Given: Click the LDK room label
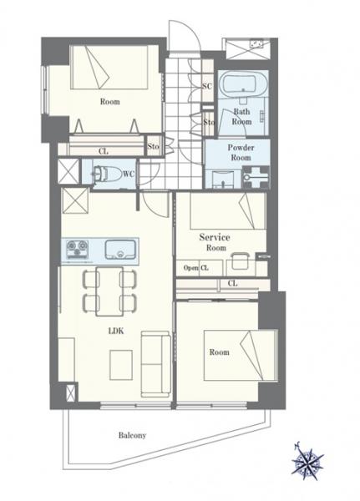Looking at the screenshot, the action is [116, 331].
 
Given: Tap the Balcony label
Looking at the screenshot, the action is [132, 435].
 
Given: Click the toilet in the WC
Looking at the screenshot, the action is [102, 175].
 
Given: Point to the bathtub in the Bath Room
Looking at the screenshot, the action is [243, 83].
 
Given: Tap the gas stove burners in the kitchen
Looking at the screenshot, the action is [77, 250].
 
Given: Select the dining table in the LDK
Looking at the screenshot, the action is [109, 291].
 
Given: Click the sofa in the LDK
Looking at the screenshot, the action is [155, 363].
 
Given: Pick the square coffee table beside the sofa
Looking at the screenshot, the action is [121, 365].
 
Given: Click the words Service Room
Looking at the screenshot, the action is [215, 242].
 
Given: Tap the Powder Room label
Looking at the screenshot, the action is [241, 153].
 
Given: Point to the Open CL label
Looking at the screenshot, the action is [196, 268].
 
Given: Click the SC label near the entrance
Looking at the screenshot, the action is [207, 86].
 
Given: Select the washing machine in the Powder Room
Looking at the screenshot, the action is [256, 177].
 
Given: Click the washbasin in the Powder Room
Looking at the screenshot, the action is [223, 179].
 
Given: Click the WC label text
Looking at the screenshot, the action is [129, 174].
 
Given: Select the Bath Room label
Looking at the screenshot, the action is [241, 117].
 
